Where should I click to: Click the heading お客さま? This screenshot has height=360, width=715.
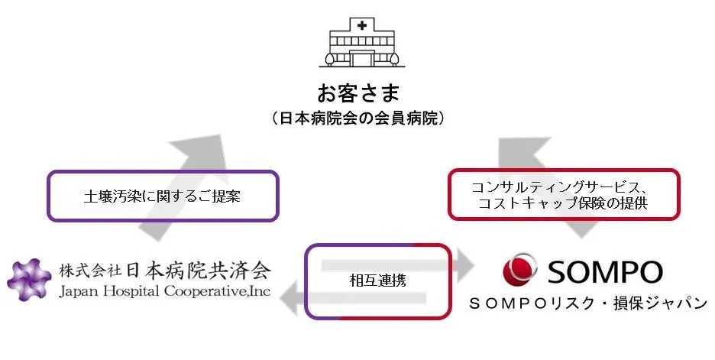(357, 94)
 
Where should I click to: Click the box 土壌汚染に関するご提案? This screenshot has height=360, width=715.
(162, 196)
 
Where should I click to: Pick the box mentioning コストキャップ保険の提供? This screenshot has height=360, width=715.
(562, 194)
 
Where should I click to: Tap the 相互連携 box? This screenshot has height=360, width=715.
(378, 281)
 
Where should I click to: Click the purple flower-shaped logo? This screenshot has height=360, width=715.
(31, 280)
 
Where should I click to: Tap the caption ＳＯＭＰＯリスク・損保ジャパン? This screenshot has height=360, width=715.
(587, 303)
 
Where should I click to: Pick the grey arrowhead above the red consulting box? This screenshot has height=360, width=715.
(519, 152)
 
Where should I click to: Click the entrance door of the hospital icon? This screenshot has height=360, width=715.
(358, 59)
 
